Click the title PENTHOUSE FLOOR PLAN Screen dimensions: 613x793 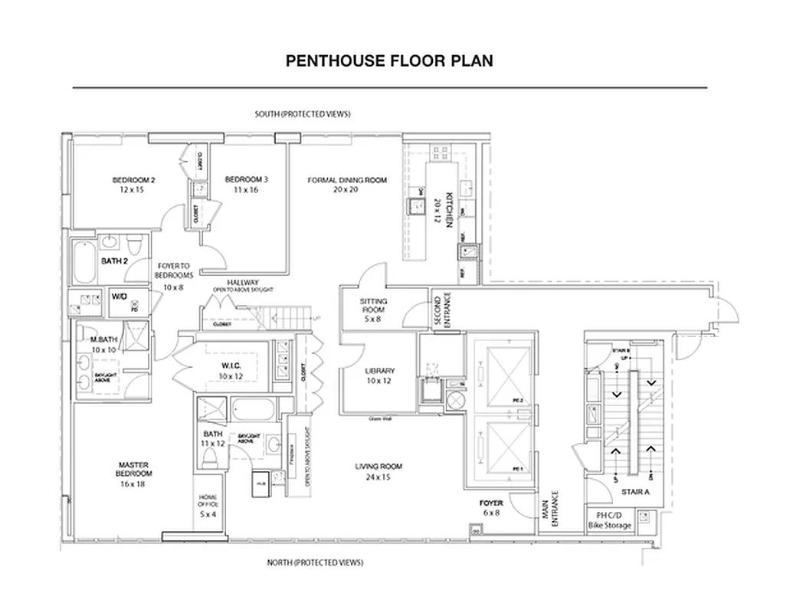tap(389, 61)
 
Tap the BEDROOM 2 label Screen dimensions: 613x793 tap(134, 185)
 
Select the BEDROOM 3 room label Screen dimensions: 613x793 tap(246, 185)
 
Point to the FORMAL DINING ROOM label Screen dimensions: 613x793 tap(347, 185)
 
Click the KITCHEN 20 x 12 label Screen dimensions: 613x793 tap(443, 210)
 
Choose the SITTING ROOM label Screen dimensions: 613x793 tap(373, 310)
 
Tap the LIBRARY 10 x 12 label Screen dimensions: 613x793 tap(379, 375)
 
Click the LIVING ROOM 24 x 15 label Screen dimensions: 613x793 tap(378, 471)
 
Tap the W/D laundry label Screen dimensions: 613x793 tap(120, 296)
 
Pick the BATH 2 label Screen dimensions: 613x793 tap(115, 261)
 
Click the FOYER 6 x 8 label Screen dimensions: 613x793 tap(491, 508)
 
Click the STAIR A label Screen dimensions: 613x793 tap(635, 492)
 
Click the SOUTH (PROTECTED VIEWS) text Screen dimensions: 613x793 tap(303, 114)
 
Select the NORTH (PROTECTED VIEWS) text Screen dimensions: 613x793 tap(315, 562)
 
